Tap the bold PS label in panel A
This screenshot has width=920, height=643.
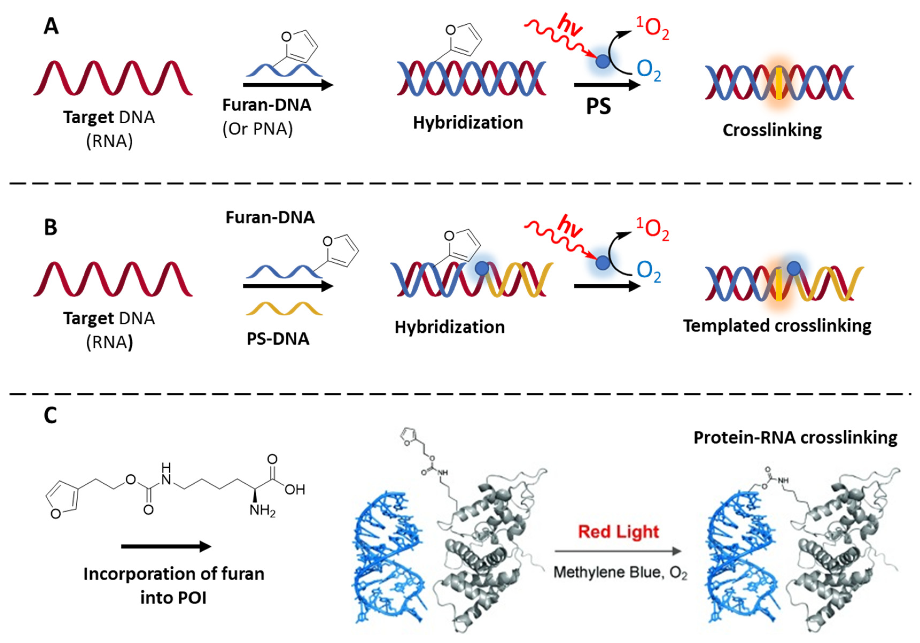[x=598, y=106]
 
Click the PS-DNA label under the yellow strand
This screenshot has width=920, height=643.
[x=278, y=339]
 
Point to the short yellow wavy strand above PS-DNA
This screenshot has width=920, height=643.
[x=284, y=309]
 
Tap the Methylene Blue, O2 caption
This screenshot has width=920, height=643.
[x=620, y=572]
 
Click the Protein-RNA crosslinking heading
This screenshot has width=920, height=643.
[x=795, y=437]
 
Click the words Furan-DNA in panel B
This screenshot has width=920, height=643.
[x=270, y=217]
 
